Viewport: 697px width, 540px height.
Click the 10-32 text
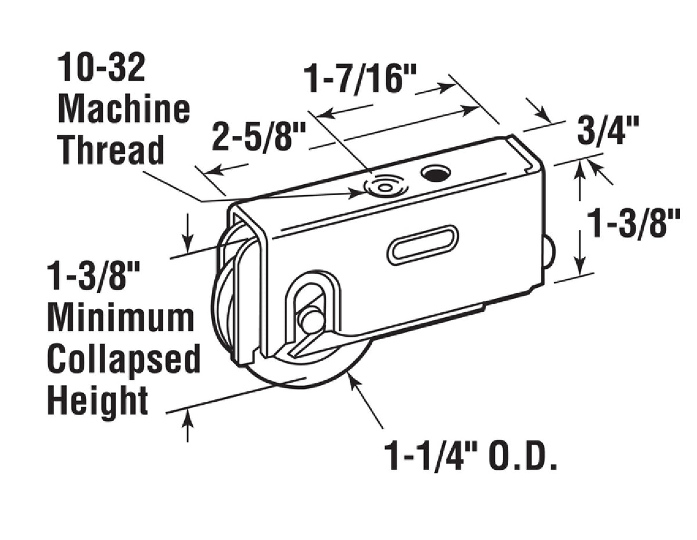pyautogui.click(x=101, y=68)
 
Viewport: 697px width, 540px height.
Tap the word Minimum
pyautogui.click(x=121, y=318)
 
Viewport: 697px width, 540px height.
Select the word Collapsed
pyautogui.click(x=123, y=359)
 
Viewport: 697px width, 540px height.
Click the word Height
pyautogui.click(x=98, y=400)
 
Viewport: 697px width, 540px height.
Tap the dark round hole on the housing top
pyautogui.click(x=436, y=172)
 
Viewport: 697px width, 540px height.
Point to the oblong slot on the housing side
pyautogui.click(x=422, y=244)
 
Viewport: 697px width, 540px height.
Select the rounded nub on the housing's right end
pyautogui.click(x=549, y=254)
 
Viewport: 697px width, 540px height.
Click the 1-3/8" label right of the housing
pyautogui.click(x=633, y=224)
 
